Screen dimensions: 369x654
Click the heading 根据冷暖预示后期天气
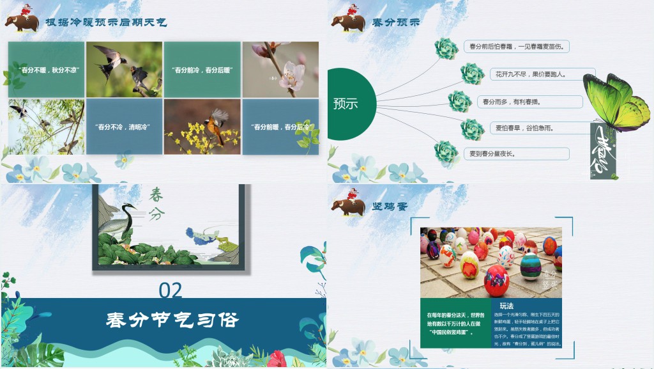(x=106, y=22)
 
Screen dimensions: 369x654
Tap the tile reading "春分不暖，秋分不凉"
(x=46, y=69)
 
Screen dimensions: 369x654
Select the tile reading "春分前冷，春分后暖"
(x=202, y=69)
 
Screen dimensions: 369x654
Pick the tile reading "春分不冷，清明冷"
(x=124, y=127)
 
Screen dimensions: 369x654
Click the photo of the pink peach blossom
(x=280, y=69)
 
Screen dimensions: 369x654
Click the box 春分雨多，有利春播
(x=529, y=102)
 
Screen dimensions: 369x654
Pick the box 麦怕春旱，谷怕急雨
(x=522, y=128)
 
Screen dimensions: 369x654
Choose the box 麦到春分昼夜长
(x=516, y=153)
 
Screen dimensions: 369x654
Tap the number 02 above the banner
(x=171, y=291)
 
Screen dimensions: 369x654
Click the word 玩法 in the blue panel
(x=506, y=305)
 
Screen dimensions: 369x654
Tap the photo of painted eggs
(x=490, y=262)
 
